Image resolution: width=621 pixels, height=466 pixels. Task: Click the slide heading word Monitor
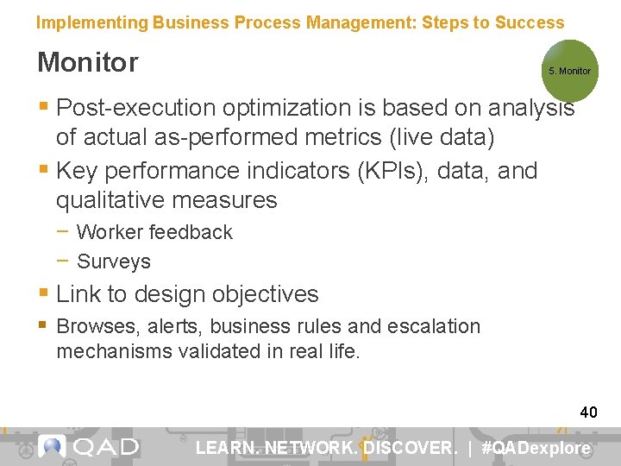click(x=87, y=62)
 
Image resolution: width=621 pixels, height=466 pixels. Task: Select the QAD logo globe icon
click(x=53, y=446)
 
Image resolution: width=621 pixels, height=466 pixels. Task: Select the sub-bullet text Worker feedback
click(x=154, y=232)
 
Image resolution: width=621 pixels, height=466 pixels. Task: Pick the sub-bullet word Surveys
click(x=114, y=261)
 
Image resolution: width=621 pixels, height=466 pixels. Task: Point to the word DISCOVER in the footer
click(x=409, y=448)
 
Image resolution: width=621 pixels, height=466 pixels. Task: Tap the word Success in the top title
click(x=530, y=23)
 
